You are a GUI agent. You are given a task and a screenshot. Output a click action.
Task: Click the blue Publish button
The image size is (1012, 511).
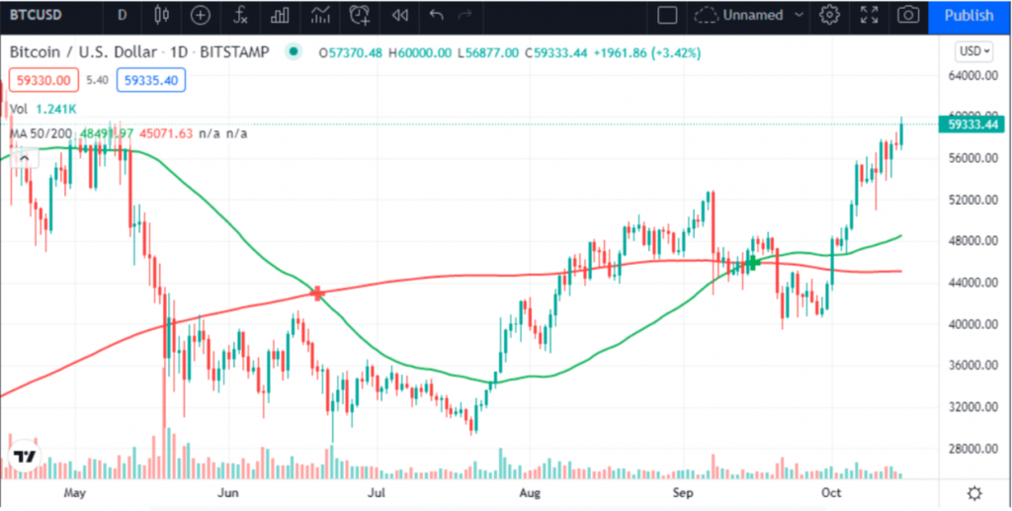[x=969, y=15]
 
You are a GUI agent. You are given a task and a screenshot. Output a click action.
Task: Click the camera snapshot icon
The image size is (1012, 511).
[x=905, y=15]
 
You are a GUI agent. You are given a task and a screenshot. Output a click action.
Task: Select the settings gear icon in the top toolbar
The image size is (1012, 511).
[x=829, y=15]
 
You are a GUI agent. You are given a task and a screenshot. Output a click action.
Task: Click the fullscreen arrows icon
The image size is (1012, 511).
[x=869, y=15]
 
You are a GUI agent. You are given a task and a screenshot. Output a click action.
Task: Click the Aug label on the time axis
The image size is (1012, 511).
[x=531, y=491]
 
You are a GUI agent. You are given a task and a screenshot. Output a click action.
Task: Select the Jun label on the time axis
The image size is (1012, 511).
[x=228, y=491]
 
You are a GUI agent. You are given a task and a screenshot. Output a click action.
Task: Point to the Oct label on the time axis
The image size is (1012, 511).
[x=831, y=491]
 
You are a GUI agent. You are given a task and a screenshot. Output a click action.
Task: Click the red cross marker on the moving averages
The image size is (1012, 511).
[x=318, y=293]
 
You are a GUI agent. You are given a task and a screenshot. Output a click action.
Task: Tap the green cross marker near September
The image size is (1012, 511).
[x=753, y=262]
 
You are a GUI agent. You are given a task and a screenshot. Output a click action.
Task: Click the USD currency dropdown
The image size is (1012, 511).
[x=974, y=50]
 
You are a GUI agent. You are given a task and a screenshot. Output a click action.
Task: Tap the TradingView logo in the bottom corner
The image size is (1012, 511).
[x=25, y=457]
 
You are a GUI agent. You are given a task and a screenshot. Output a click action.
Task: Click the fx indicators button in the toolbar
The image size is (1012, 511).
[x=240, y=15]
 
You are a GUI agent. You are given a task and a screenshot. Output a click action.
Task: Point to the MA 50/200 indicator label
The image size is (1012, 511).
[x=40, y=133]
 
